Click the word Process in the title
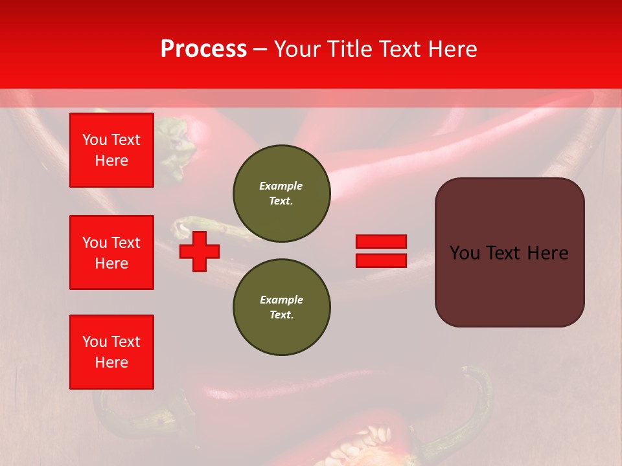(203, 49)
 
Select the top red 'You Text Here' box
(111, 150)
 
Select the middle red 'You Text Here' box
(111, 252)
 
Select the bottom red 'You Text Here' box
(111, 352)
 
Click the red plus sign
(200, 251)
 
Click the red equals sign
(381, 251)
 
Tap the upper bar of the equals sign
(381, 242)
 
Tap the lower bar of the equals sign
(381, 260)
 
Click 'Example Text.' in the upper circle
(281, 193)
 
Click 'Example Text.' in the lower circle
(281, 307)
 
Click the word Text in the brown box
(507, 253)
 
